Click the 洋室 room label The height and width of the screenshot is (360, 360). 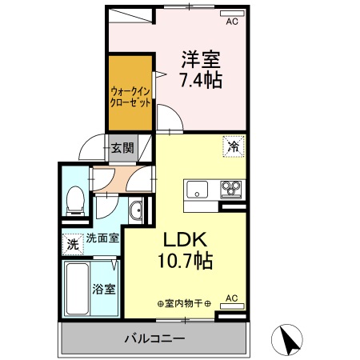200,59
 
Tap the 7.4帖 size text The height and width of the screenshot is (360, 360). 200,80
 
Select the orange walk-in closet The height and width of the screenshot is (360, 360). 130,93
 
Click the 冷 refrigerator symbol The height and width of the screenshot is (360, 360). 233,146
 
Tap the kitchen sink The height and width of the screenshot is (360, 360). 197,190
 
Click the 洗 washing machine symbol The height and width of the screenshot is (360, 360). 73,242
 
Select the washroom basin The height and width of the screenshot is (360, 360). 136,212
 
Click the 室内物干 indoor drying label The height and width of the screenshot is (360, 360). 184,303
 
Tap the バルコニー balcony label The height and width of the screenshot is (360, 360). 154,338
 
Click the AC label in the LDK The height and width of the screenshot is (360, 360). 231,298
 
